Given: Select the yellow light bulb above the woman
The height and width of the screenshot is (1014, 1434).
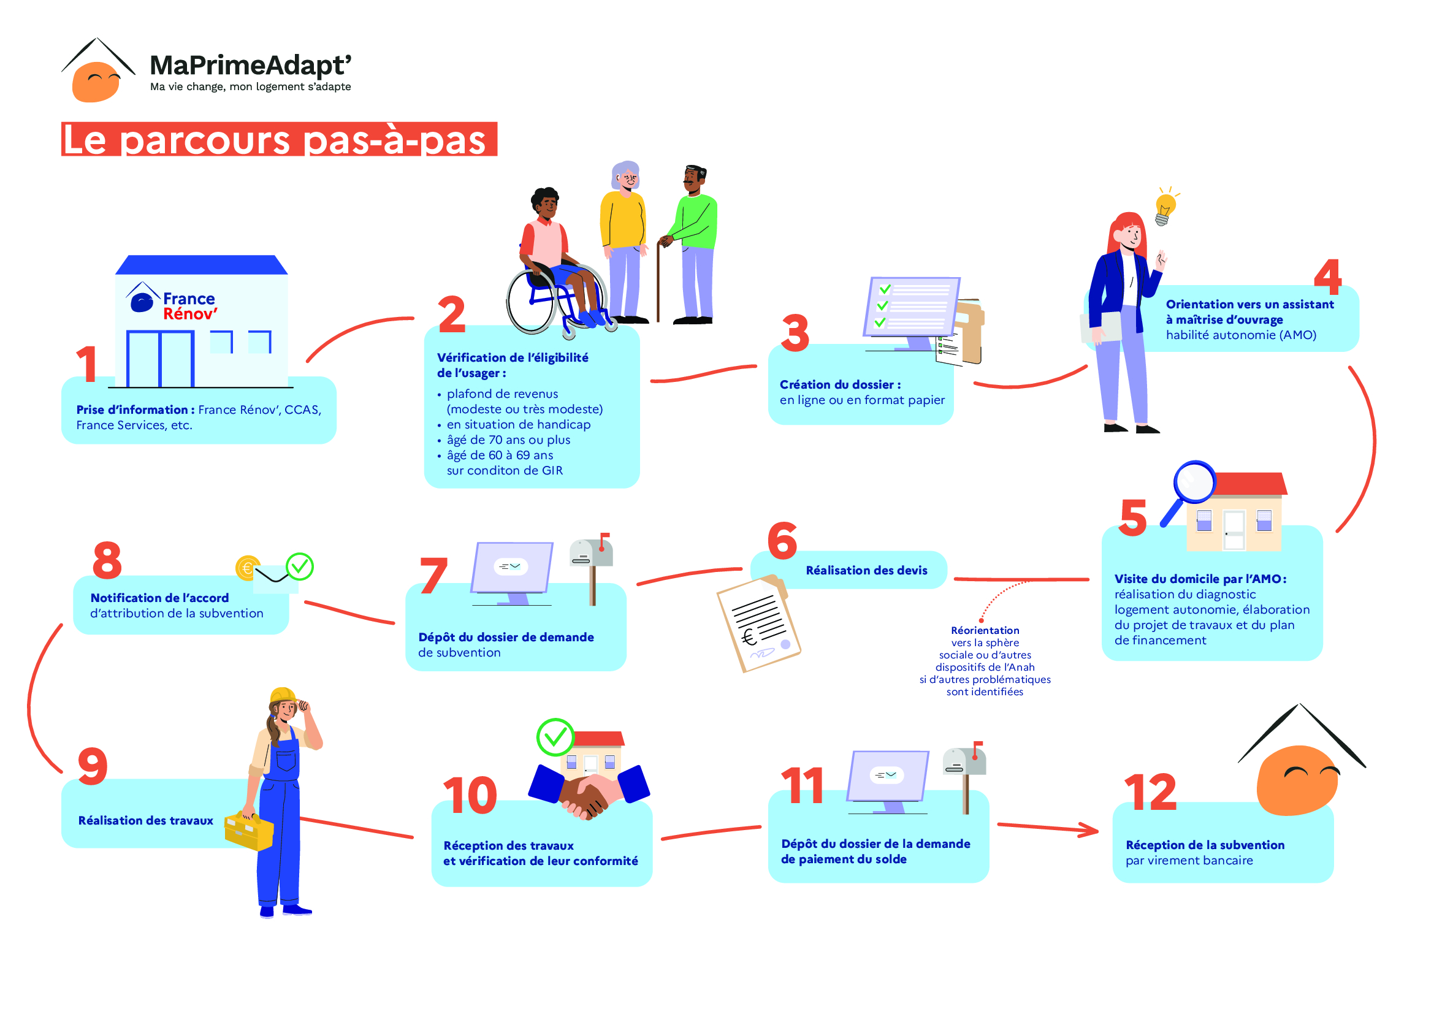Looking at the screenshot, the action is (x=1164, y=206).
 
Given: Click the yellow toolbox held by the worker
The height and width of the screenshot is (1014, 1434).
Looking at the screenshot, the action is (x=248, y=831).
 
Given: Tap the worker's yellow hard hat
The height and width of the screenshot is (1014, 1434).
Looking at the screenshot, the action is (x=283, y=696).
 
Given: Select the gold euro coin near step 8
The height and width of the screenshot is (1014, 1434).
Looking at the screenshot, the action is (x=248, y=568).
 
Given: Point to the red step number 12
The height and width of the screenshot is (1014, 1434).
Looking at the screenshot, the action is (x=1150, y=791).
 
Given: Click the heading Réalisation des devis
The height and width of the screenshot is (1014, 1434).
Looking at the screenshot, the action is (x=866, y=570).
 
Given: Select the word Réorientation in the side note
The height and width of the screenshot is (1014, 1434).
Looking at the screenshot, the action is (x=985, y=631).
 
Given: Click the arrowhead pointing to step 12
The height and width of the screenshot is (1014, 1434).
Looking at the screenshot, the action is (x=1089, y=830).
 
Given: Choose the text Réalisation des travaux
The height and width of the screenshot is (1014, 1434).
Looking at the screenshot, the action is (x=145, y=820).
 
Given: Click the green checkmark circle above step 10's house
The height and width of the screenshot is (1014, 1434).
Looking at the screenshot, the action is (x=555, y=738).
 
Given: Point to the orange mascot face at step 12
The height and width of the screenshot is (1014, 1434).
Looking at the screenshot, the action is (x=1297, y=780).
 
